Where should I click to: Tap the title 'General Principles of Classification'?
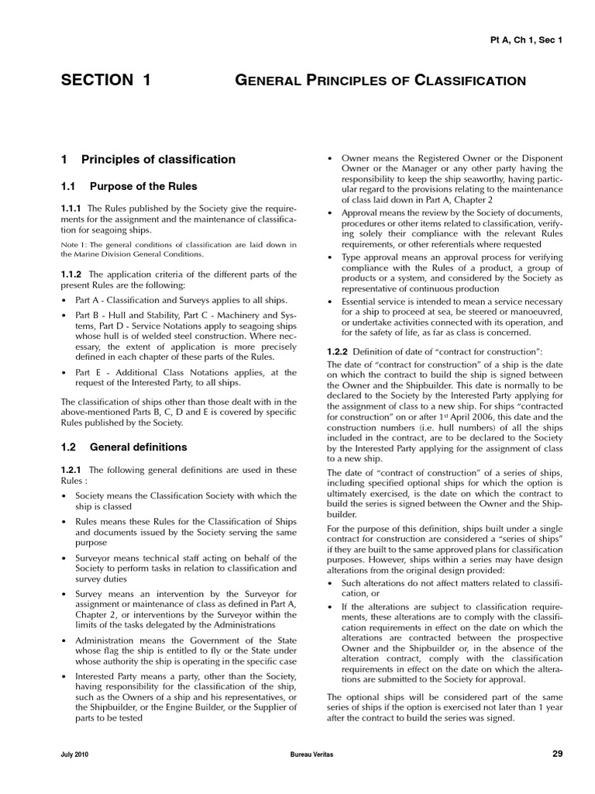click(380, 81)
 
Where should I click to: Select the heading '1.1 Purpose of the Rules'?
click(129, 186)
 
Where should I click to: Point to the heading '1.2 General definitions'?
click(124, 447)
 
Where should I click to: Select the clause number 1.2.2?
click(338, 351)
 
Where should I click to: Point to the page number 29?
click(557, 754)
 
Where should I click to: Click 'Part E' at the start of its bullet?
click(85, 373)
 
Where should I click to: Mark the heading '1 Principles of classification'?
click(148, 159)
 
